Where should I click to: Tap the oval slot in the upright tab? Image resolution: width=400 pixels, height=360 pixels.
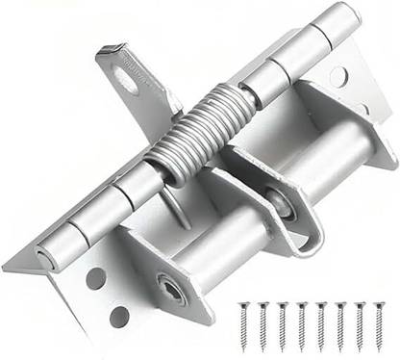125,81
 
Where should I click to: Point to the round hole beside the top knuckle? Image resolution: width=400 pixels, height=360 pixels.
337,76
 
